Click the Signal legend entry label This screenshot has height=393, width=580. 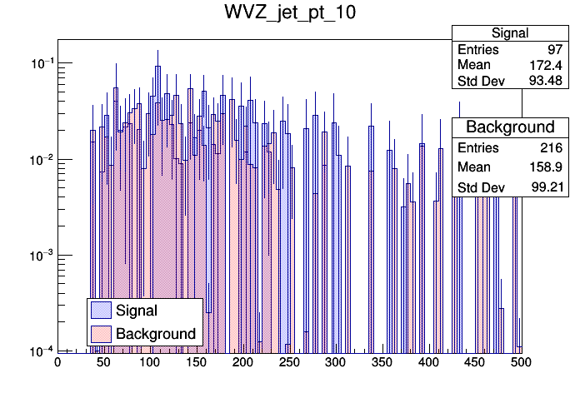point(137,311)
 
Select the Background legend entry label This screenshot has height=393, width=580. point(156,334)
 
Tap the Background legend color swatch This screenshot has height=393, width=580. point(101,334)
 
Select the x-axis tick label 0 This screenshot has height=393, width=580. point(57,362)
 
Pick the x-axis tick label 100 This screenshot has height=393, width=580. point(150,362)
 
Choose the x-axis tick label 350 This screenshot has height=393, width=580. point(382,362)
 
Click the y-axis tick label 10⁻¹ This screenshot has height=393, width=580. point(39,63)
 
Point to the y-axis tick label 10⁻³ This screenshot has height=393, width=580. point(39,255)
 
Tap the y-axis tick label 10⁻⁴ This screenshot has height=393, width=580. point(39,351)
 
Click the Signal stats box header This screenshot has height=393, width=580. point(509,33)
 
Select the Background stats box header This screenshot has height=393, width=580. point(509,127)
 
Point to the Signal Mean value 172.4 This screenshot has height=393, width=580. point(546,65)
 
